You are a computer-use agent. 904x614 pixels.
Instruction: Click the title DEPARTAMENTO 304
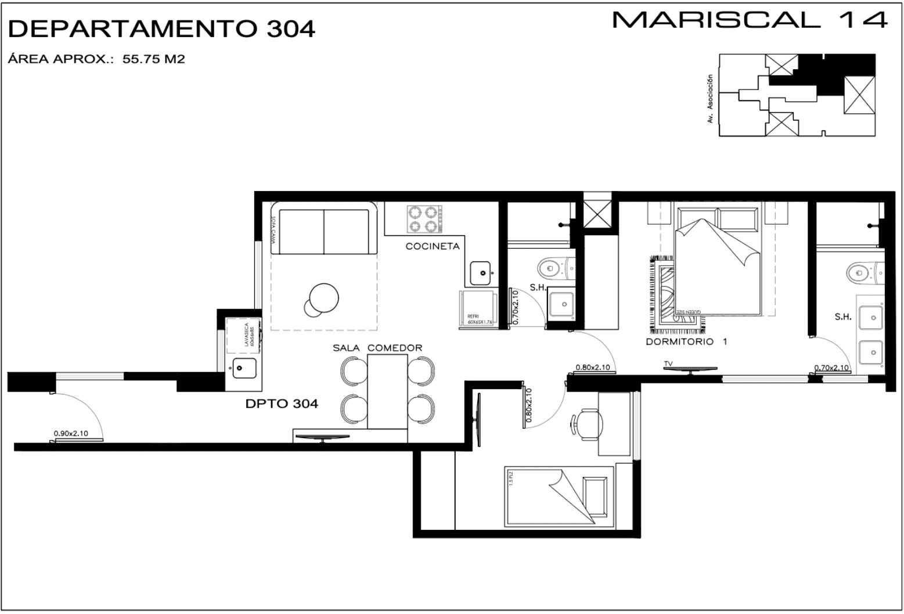162,28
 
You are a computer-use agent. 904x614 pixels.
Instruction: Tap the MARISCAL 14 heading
750,20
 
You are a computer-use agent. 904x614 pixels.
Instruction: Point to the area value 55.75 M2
153,59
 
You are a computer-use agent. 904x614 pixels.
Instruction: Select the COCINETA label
433,246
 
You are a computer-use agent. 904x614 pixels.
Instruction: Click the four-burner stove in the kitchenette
423,219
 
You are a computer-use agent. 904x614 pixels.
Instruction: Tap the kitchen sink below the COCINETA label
481,272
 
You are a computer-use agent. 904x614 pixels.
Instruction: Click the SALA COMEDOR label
377,348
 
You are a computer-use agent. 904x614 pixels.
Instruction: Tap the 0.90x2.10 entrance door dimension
71,433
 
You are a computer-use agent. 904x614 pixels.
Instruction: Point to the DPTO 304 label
282,404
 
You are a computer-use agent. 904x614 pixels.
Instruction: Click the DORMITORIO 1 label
686,342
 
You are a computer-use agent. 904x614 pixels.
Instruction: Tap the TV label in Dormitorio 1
669,364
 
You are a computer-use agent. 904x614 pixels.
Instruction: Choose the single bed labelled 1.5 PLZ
559,496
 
